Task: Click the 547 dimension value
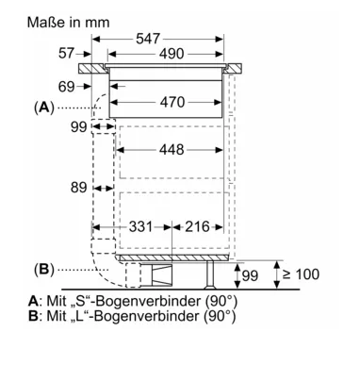tap(148, 39)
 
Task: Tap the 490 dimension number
tap(172, 54)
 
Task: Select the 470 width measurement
tap(172, 102)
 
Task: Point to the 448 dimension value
tap(172, 150)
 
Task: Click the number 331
tap(140, 226)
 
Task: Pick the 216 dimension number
tap(197, 226)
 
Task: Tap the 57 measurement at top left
tap(67, 53)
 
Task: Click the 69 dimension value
tap(67, 87)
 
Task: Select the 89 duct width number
tap(78, 188)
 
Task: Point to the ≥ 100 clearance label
tap(301, 274)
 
